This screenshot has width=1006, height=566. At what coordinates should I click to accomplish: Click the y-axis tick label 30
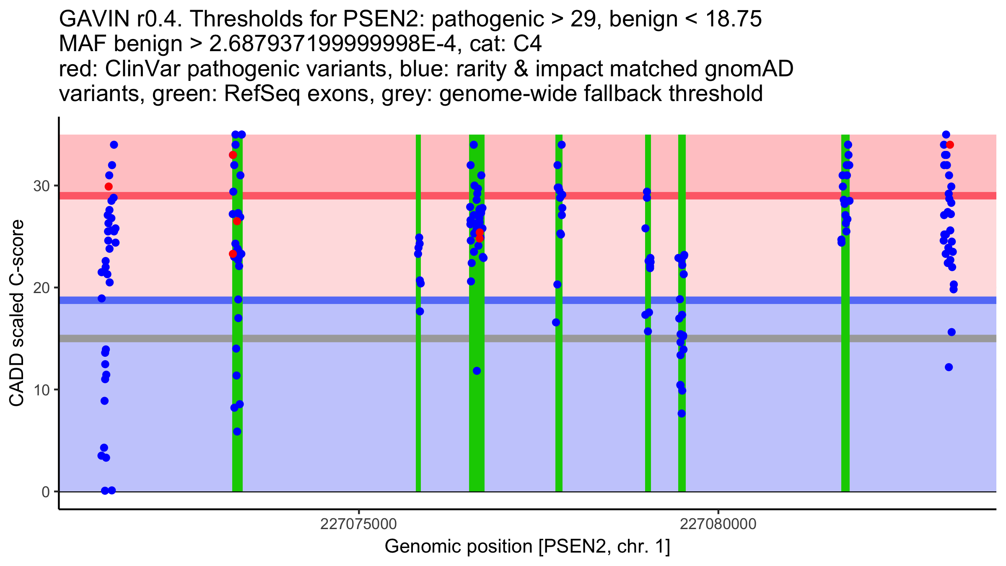41,186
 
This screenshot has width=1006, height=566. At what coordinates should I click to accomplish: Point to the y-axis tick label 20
41,288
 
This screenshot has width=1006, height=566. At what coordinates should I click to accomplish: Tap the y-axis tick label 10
41,390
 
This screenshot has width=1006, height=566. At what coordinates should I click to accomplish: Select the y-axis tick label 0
46,492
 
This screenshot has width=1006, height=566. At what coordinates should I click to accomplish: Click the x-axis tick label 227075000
358,524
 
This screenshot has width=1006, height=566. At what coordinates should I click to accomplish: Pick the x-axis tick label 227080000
718,524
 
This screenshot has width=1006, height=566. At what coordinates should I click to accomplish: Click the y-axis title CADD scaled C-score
17,313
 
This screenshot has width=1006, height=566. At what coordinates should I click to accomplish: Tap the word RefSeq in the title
262,93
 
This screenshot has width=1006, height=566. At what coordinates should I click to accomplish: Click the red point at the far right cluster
950,145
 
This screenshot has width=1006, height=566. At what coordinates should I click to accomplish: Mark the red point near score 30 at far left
109,187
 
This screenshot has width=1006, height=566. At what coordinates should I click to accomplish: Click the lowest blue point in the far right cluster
949,367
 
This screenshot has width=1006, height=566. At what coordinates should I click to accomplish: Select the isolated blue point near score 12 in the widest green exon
477,371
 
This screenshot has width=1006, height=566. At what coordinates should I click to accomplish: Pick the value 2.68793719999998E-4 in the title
332,44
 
